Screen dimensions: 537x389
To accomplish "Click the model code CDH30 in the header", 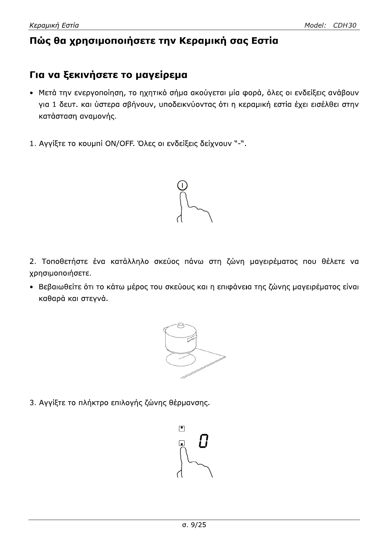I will pyautogui.click(x=345, y=25).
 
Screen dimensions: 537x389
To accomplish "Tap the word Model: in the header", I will pyautogui.click(x=315, y=25).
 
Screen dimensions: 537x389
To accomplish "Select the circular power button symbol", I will pyautogui.click(x=182, y=185).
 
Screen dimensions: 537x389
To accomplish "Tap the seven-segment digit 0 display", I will pyautogui.click(x=203, y=441).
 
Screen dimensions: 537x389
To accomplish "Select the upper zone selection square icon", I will pyautogui.click(x=182, y=428).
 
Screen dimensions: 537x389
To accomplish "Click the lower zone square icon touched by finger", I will pyautogui.click(x=182, y=443).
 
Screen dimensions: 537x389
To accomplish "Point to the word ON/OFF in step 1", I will pyautogui.click(x=118, y=144).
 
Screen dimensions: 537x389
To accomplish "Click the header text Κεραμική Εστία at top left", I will pyautogui.click(x=54, y=25).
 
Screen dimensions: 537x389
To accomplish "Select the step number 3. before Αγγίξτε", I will pyautogui.click(x=32, y=402).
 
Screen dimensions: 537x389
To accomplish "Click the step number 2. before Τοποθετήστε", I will pyautogui.click(x=33, y=261).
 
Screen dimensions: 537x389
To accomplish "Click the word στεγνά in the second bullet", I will pyautogui.click(x=96, y=299).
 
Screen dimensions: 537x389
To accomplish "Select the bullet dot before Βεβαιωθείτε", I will pyautogui.click(x=31, y=287).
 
